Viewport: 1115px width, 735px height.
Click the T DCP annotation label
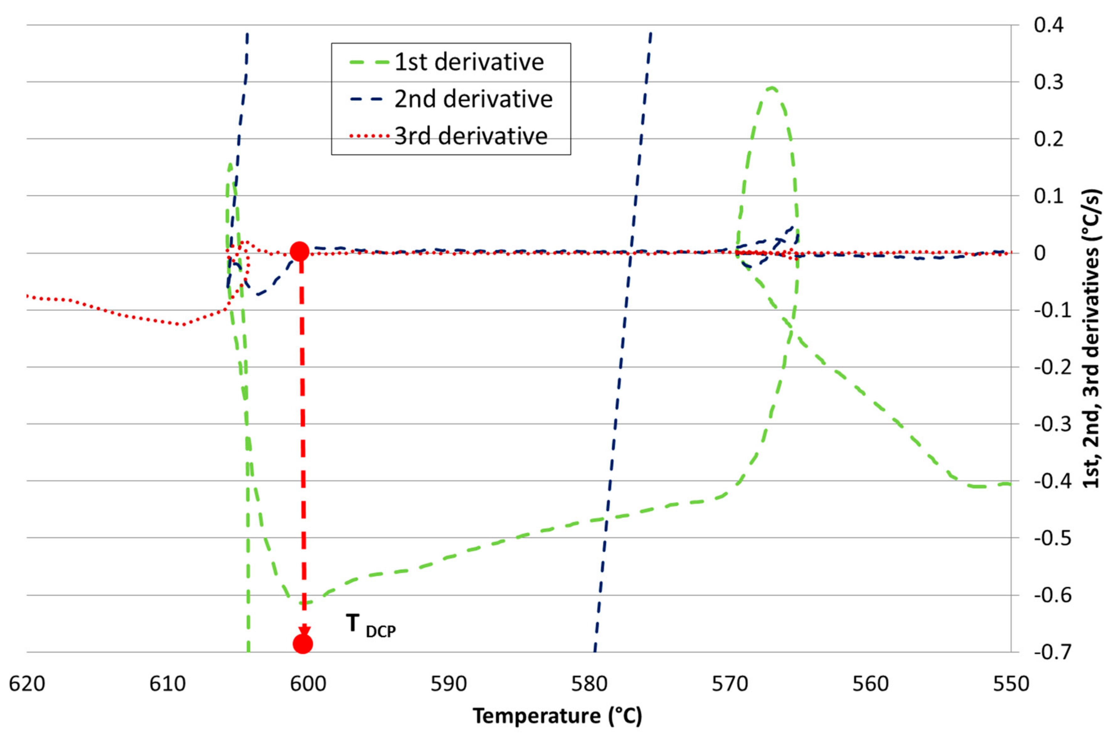coord(371,626)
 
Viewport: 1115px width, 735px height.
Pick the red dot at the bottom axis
coord(303,644)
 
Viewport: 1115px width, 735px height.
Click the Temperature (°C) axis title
coord(557,716)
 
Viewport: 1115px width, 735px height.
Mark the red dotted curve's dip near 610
coord(183,324)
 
